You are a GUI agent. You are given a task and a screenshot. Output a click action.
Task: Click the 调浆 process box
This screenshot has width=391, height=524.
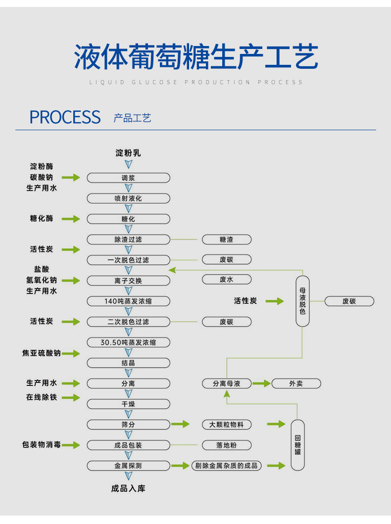tap(128, 178)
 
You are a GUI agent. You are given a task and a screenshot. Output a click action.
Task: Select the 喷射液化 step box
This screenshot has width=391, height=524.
tap(128, 198)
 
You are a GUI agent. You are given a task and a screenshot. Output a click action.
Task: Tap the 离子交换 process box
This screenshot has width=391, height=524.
tap(128, 281)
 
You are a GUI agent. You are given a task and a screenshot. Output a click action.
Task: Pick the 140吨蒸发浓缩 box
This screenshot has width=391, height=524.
tap(128, 301)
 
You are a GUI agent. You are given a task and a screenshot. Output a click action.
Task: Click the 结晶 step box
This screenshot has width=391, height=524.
tap(128, 363)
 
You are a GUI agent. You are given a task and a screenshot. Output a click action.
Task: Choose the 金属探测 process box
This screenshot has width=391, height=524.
tap(128, 466)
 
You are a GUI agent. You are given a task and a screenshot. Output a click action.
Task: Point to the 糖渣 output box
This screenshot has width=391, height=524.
tap(226, 239)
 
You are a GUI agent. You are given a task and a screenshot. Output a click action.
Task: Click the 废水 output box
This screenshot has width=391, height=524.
tap(226, 280)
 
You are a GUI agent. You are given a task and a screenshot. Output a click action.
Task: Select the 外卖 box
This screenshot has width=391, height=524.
tap(296, 383)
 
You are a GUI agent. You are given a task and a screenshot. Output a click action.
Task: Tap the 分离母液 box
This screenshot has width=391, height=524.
tap(226, 383)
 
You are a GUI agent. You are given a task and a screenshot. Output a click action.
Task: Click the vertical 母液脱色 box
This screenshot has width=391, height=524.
tap(302, 301)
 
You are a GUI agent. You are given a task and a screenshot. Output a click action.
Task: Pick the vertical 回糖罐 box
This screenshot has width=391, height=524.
tap(297, 445)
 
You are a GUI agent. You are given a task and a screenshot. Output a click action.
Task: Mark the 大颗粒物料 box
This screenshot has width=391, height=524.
tap(226, 425)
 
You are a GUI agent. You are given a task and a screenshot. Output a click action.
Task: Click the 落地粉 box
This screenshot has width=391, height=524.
tap(226, 445)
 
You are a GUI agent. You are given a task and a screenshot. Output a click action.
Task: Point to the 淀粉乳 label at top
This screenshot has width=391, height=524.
tap(128, 153)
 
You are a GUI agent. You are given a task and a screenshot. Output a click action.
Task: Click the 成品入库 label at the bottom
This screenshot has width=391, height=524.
tap(128, 489)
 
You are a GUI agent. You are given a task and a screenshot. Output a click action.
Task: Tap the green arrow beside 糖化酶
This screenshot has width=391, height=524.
tap(70, 219)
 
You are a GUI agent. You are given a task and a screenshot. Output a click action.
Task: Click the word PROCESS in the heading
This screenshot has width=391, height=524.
tap(65, 117)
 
